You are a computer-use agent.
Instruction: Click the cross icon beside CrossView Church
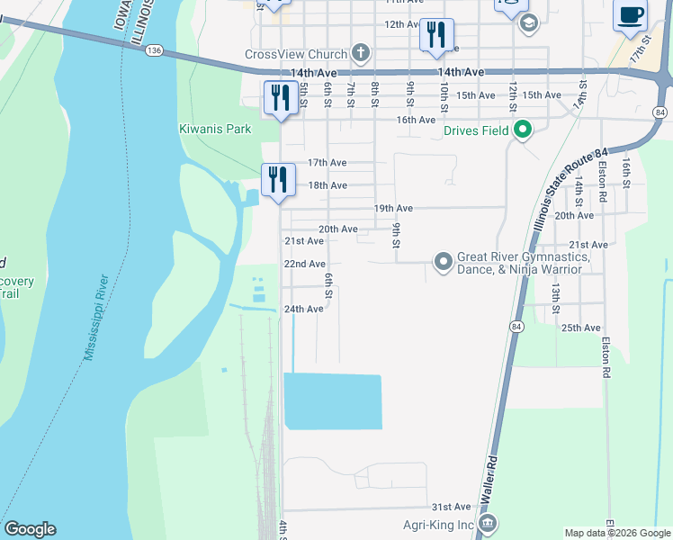pos(360,53)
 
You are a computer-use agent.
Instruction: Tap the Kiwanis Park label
pos(215,129)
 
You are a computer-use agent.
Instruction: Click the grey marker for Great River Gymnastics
pos(443,262)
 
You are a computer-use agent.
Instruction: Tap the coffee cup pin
pos(630,16)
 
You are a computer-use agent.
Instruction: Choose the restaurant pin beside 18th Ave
pos(278,178)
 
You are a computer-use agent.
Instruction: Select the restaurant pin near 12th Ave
pos(436,35)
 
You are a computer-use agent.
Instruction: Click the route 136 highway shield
pos(154,52)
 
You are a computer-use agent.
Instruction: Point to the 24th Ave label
pos(303,309)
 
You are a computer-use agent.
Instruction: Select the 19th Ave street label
pos(392,208)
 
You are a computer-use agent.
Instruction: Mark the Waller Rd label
pos(491,472)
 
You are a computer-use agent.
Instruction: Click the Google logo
pos(30,529)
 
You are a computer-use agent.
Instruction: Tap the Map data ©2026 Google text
pos(617,533)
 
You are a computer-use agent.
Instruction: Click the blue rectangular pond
pos(333,401)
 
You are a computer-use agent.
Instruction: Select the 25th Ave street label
pos(580,328)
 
